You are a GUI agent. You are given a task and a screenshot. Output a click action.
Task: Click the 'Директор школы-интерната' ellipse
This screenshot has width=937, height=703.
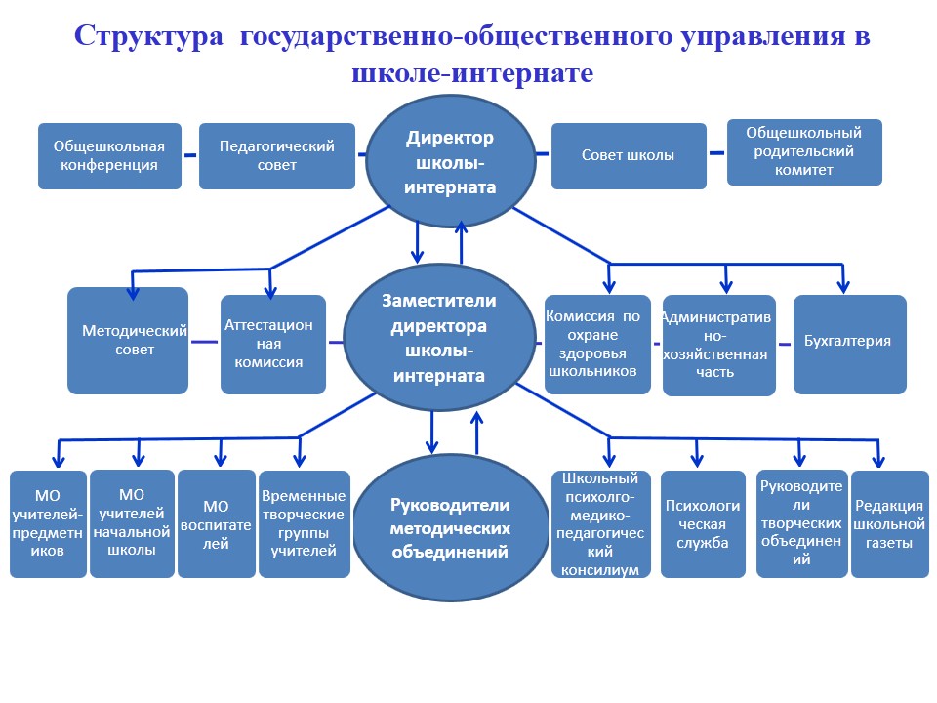click(x=450, y=162)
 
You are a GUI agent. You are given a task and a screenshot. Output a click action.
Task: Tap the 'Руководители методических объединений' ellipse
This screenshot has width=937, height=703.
click(x=450, y=528)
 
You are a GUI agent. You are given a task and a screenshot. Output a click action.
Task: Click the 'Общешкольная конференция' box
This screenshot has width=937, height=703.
click(x=109, y=156)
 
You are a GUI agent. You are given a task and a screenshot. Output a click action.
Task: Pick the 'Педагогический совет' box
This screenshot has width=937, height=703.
click(x=276, y=156)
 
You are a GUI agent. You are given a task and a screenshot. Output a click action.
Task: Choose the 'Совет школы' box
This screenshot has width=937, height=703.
click(x=629, y=156)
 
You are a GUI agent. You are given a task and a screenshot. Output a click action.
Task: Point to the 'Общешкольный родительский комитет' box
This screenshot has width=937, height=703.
click(x=804, y=152)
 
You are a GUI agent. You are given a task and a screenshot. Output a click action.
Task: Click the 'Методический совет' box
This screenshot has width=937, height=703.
click(x=128, y=341)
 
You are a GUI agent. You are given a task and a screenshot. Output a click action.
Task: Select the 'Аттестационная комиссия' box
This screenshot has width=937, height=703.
click(x=272, y=344)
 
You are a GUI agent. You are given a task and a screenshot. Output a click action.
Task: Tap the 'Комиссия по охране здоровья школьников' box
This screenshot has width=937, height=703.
click(x=597, y=344)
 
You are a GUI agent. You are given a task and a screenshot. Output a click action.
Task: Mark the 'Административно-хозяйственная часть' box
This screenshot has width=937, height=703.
click(x=718, y=345)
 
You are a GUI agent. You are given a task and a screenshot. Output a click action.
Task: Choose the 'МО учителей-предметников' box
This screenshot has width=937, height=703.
click(x=48, y=524)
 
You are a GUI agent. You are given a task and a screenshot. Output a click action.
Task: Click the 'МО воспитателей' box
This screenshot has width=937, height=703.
click(x=216, y=524)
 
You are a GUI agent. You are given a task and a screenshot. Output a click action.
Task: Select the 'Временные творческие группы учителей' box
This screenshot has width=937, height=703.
click(x=304, y=524)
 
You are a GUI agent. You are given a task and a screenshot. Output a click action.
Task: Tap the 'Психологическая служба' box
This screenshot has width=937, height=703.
click(x=703, y=524)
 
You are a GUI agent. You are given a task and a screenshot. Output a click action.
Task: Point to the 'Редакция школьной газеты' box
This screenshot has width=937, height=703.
click(x=888, y=524)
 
